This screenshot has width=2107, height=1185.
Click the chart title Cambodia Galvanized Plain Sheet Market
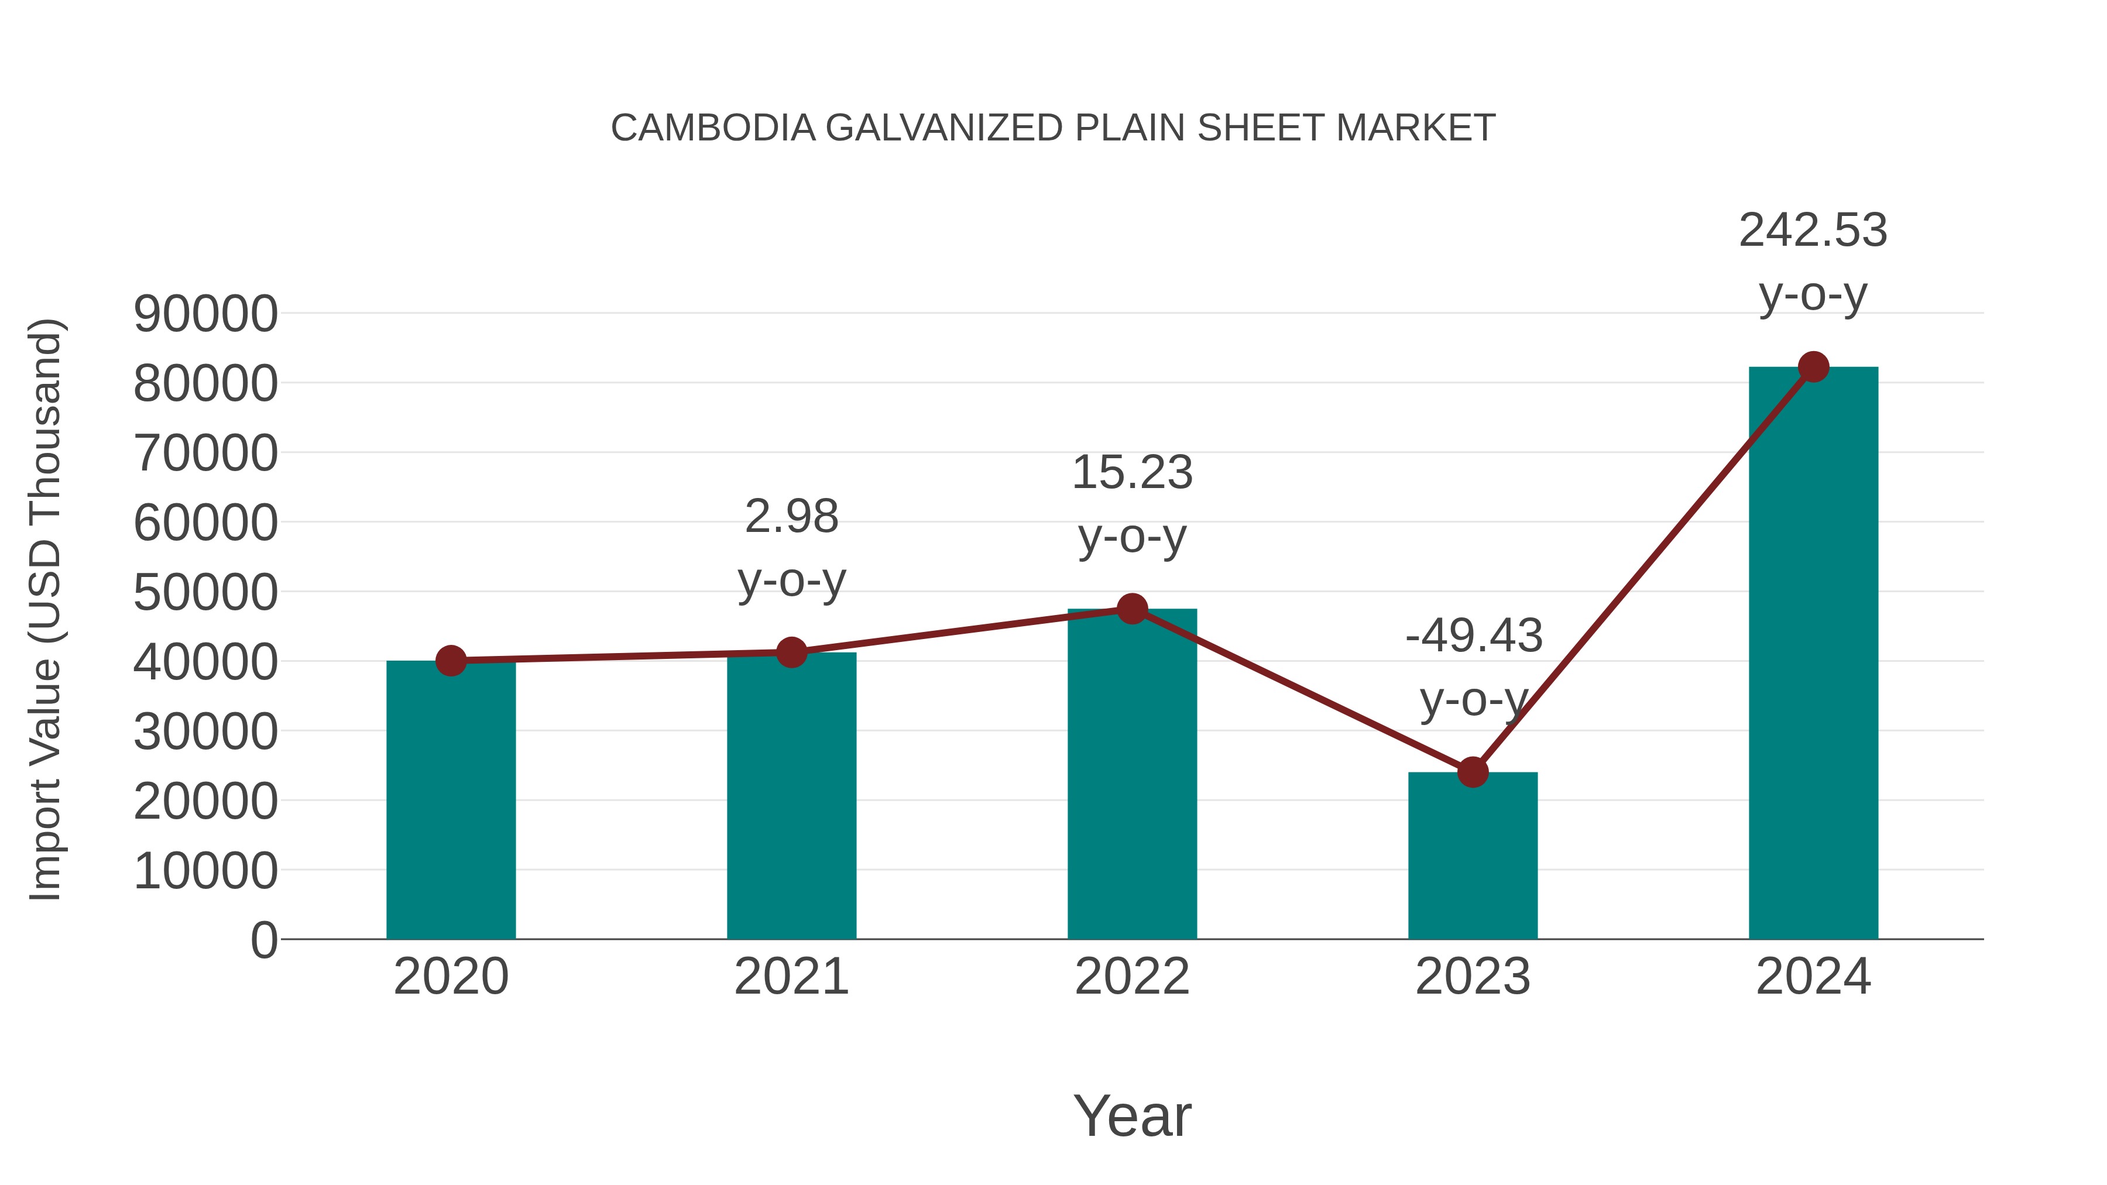click(x=1053, y=128)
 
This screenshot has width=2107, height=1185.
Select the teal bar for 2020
click(x=451, y=802)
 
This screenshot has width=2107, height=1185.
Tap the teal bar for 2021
click(x=791, y=798)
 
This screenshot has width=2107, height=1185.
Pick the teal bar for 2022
click(x=1132, y=777)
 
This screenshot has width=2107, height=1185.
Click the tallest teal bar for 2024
click(x=1813, y=654)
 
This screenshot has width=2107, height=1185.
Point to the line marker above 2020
click(x=451, y=661)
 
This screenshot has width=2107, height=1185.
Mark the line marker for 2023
click(x=1473, y=772)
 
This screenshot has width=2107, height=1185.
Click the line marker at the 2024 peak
click(x=1813, y=367)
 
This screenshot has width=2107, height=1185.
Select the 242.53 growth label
click(x=1813, y=231)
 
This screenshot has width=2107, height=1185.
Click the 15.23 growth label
click(x=1132, y=473)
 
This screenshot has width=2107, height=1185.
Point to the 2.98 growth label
click(x=791, y=517)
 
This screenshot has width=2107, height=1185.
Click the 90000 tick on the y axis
click(x=205, y=314)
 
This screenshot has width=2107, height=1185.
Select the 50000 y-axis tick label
click(x=205, y=593)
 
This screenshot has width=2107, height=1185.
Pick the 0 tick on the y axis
click(x=264, y=940)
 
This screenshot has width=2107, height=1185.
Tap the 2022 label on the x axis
click(x=1132, y=977)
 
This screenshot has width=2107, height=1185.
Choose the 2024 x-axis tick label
click(x=1813, y=977)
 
